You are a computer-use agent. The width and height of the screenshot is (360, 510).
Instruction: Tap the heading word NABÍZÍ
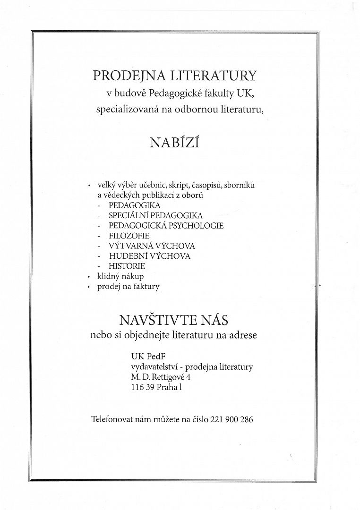(x=174, y=143)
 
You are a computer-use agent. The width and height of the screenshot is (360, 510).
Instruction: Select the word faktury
(x=146, y=287)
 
